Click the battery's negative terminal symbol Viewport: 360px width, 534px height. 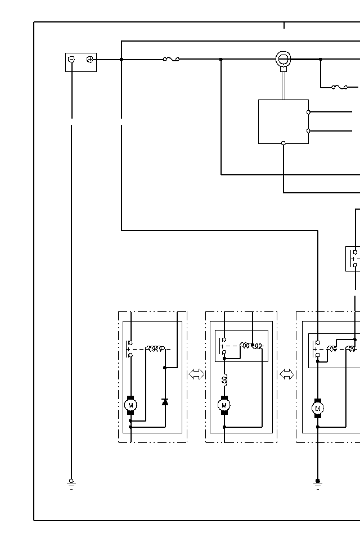click(71, 59)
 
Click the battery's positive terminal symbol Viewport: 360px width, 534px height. click(90, 59)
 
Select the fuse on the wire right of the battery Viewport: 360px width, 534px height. click(171, 59)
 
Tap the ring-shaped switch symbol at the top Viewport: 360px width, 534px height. click(283, 59)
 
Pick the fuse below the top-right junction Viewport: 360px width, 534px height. click(339, 87)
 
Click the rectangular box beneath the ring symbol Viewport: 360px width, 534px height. click(283, 121)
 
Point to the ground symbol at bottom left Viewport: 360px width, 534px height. click(71, 483)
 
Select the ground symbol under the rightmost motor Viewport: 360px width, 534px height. click(318, 483)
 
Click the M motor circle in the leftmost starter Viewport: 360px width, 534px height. click(130, 405)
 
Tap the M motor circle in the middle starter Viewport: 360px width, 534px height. click(224, 405)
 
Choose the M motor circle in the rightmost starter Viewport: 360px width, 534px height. click(318, 408)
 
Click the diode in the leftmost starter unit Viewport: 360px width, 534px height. click(165, 401)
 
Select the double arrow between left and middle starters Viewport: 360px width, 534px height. click(196, 374)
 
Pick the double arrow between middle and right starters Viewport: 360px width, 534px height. click(287, 374)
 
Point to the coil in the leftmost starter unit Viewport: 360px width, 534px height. click(155, 349)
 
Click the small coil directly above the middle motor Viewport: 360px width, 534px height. click(224, 381)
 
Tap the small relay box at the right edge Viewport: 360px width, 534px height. click(353, 259)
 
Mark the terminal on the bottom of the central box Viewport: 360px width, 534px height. click(283, 143)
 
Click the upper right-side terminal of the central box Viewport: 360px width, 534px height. click(308, 112)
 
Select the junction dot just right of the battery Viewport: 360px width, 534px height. click(121, 59)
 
